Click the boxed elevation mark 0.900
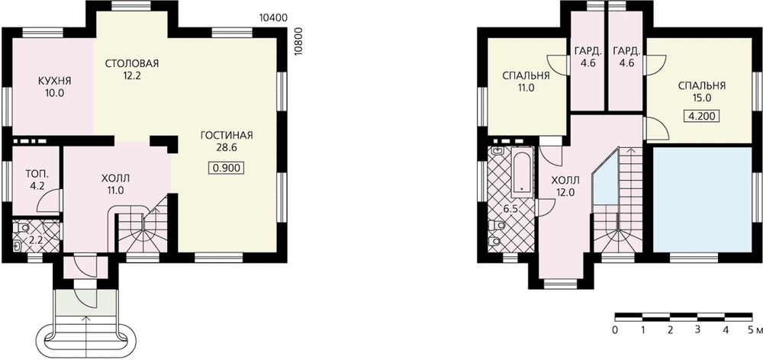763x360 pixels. tap(227, 169)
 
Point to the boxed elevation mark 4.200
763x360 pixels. tap(702, 116)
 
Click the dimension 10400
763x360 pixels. tap(275, 18)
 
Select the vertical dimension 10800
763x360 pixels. tap(299, 42)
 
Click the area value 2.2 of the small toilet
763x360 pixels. tap(37, 239)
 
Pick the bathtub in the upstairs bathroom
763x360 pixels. tap(522, 172)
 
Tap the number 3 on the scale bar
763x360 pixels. tap(697, 330)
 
